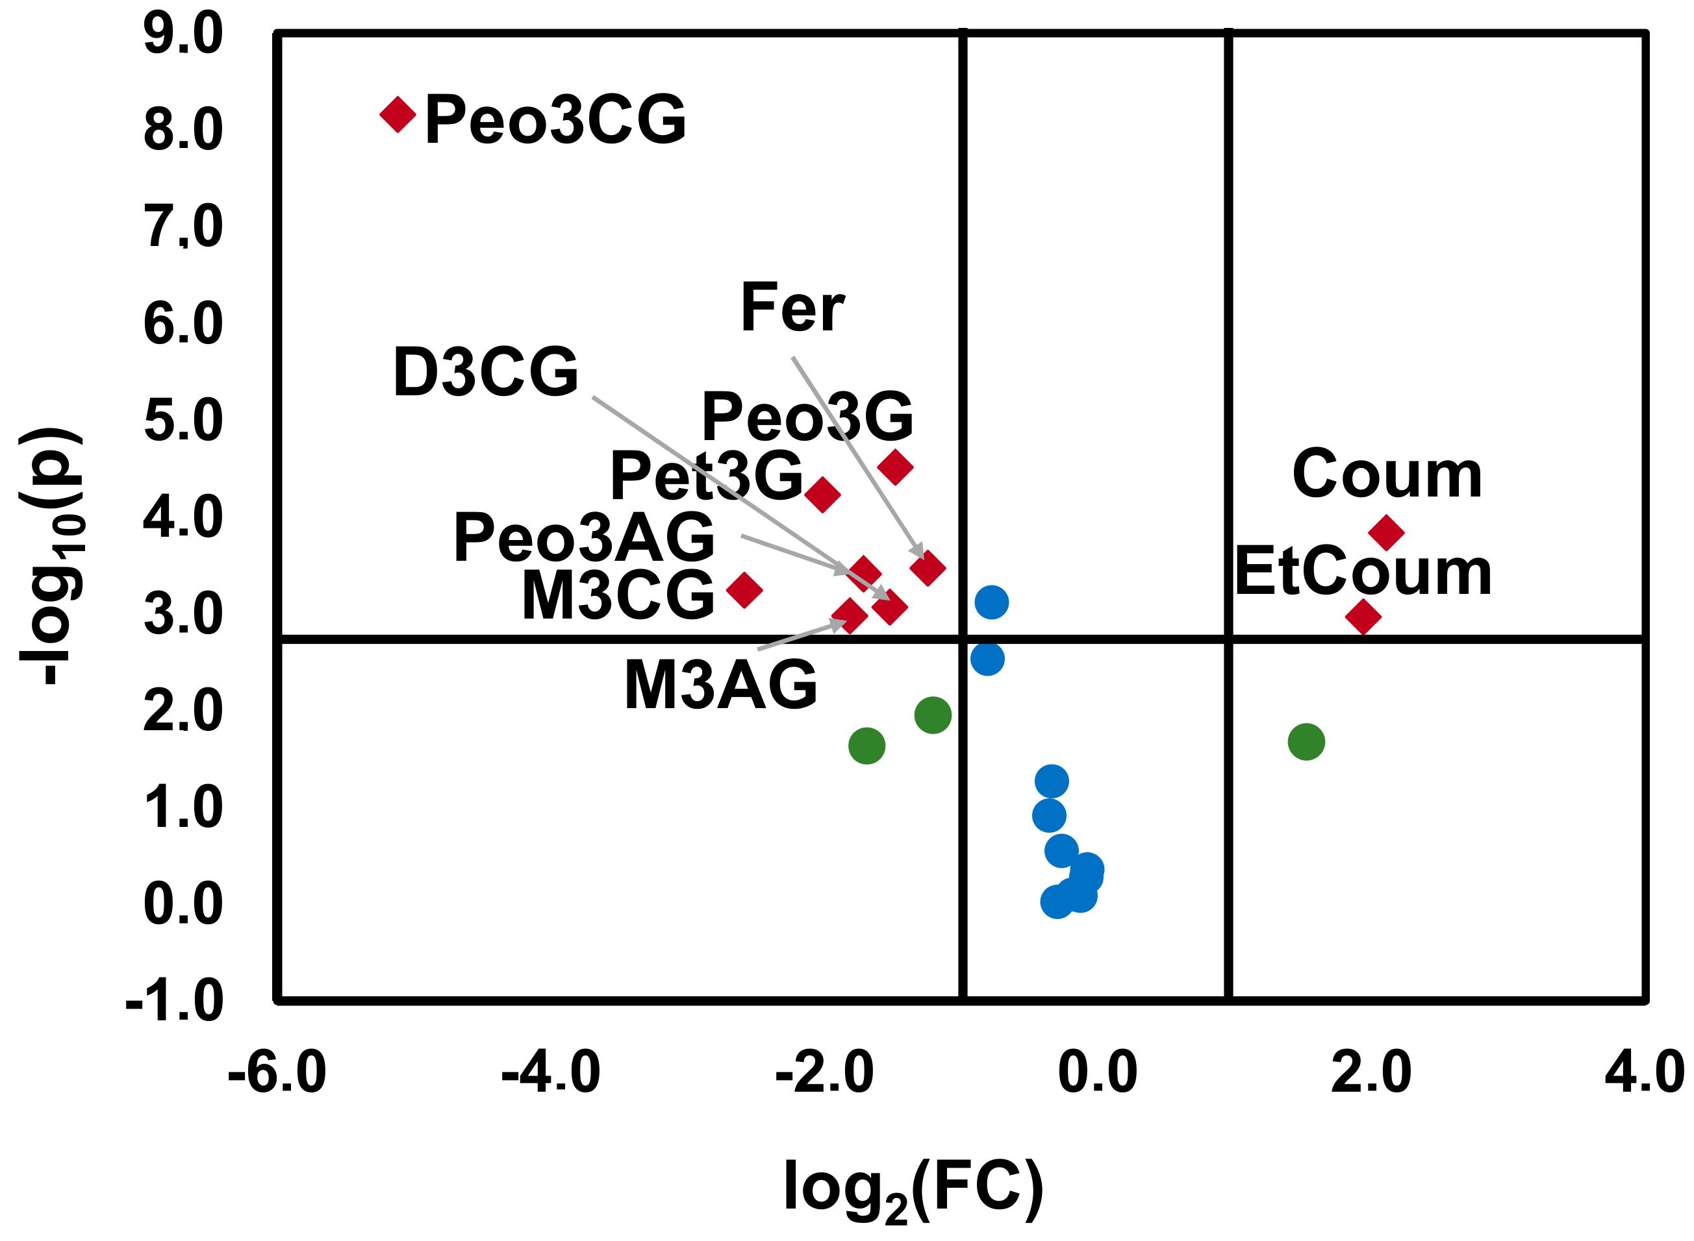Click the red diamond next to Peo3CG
pyautogui.click(x=398, y=115)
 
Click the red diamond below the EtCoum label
pyautogui.click(x=1363, y=617)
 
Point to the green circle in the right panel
pyautogui.click(x=1306, y=742)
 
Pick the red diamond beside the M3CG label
pyautogui.click(x=744, y=590)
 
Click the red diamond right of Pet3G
pyautogui.click(x=822, y=495)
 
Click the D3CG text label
pyautogui.click(x=485, y=372)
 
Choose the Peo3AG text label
pyautogui.click(x=583, y=537)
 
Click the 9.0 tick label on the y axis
pyautogui.click(x=183, y=34)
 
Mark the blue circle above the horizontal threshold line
pyautogui.click(x=991, y=602)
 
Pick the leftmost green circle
pyautogui.click(x=866, y=746)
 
